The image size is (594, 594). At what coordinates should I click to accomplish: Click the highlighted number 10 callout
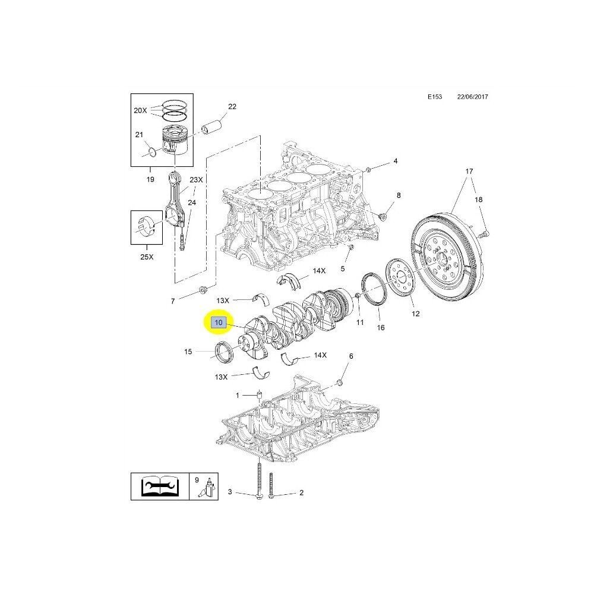[219, 323]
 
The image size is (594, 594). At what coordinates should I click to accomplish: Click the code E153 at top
[435, 97]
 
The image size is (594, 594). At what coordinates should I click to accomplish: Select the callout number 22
[232, 106]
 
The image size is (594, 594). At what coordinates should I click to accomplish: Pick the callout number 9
[197, 479]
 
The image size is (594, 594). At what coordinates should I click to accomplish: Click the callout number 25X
[147, 258]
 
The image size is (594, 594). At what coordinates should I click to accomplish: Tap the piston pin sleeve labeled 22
[212, 127]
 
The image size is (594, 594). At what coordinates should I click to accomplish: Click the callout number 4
[395, 161]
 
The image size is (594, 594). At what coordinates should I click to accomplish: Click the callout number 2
[301, 493]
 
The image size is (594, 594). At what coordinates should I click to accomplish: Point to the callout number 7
[173, 301]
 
